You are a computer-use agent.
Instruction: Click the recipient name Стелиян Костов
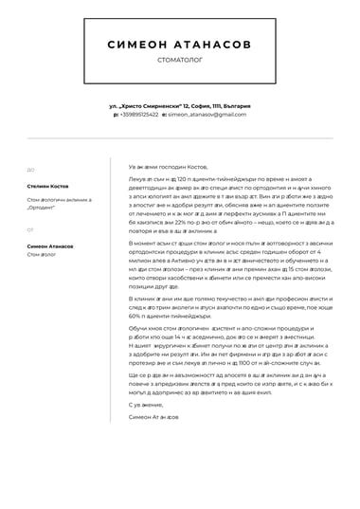[x=48, y=188]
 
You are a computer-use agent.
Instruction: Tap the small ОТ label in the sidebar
[x=30, y=229]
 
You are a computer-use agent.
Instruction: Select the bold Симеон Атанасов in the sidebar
[x=52, y=245]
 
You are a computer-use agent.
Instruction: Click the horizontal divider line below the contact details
[x=180, y=139]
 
